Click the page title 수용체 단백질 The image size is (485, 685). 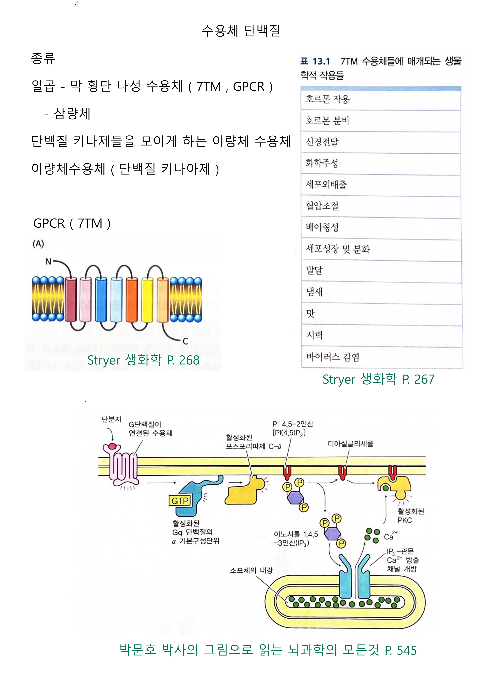tap(241, 30)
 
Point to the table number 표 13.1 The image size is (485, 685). tap(315, 62)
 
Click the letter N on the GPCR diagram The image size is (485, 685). tap(48, 262)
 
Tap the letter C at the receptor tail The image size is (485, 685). tap(185, 341)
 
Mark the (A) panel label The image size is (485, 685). tap(38, 244)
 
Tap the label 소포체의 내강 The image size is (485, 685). tap(251, 570)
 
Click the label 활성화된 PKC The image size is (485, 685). tap(410, 515)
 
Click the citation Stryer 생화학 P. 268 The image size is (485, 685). tap(143, 360)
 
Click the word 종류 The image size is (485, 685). tap(43, 59)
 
